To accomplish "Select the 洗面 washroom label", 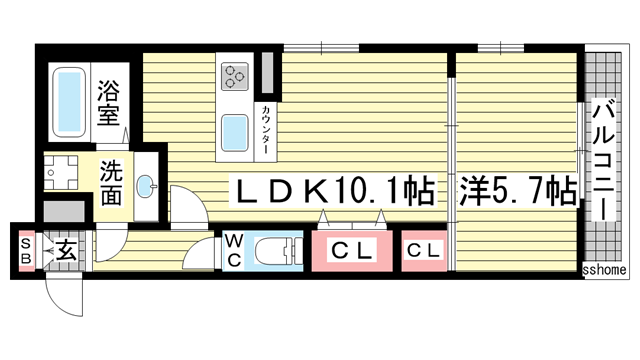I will click(110, 182).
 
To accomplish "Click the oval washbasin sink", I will click(147, 186).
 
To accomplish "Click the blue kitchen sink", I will click(236, 131).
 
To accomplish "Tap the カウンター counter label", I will click(267, 127).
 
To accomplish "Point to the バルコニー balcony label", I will click(604, 160).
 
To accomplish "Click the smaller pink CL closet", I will click(424, 251).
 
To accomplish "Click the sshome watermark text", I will click(604, 270).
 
